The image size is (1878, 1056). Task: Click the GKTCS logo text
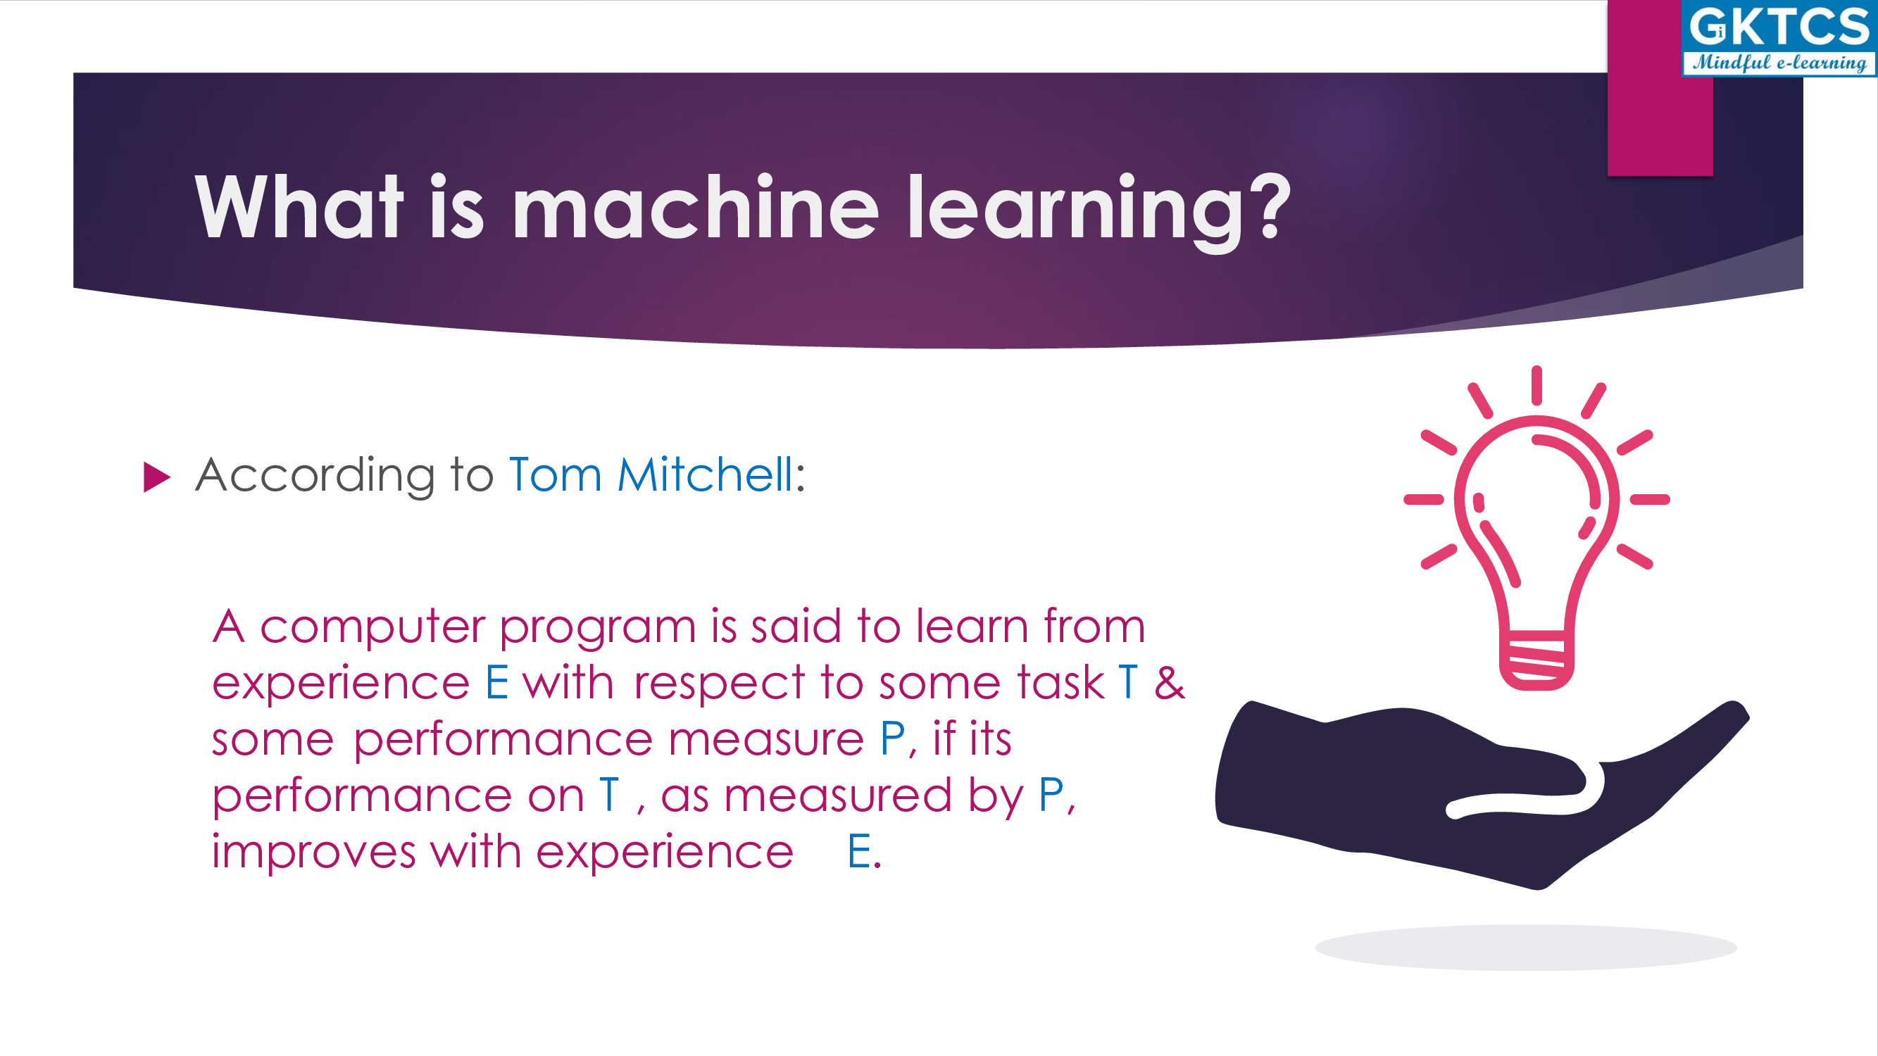pos(1779,27)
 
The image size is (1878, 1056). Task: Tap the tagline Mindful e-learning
pos(1779,63)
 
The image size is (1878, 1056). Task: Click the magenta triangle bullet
pos(157,477)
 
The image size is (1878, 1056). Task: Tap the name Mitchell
pos(705,474)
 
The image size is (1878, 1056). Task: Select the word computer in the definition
pos(373,627)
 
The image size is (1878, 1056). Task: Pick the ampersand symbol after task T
pos(1170,683)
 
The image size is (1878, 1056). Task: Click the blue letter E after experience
pos(496,683)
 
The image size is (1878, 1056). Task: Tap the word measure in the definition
pos(766,740)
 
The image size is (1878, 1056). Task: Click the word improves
pos(313,853)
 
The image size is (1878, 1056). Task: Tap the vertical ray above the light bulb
pos(1536,386)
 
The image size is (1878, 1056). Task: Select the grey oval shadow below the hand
pos(1526,948)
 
